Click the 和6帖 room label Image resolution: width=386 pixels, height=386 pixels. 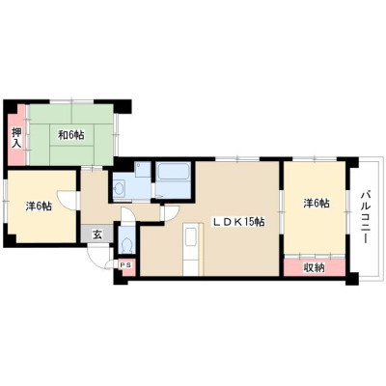(71, 135)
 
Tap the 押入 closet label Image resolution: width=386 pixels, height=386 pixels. (16, 137)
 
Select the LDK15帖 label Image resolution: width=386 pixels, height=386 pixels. (237, 222)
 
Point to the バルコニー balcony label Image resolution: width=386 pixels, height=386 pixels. (365, 217)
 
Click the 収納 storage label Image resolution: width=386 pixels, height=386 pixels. (314, 267)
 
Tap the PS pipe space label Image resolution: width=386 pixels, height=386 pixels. (126, 264)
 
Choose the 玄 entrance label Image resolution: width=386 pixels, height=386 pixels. (96, 234)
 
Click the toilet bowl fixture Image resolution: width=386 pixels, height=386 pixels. (126, 245)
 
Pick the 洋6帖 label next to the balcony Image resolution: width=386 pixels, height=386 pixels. (317, 204)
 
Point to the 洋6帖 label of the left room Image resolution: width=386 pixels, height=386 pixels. (39, 207)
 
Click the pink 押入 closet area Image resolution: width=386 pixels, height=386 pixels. (16, 135)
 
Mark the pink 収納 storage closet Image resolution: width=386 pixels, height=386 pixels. (315, 267)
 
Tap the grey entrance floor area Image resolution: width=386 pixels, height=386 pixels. (96, 234)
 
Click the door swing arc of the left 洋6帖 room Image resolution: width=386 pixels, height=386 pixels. (65, 196)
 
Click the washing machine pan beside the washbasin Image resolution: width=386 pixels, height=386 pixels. (143, 170)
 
